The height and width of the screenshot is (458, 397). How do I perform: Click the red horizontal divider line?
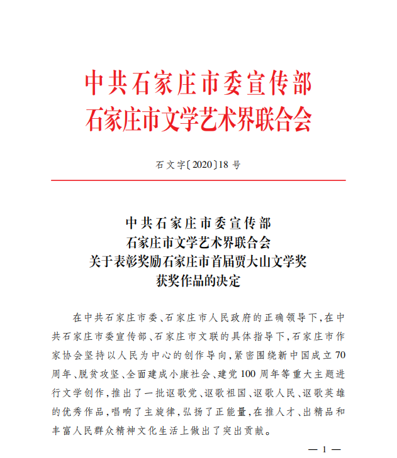[x=198, y=180]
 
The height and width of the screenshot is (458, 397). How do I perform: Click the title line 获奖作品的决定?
[x=198, y=281]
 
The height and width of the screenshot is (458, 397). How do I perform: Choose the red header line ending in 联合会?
[x=198, y=118]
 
